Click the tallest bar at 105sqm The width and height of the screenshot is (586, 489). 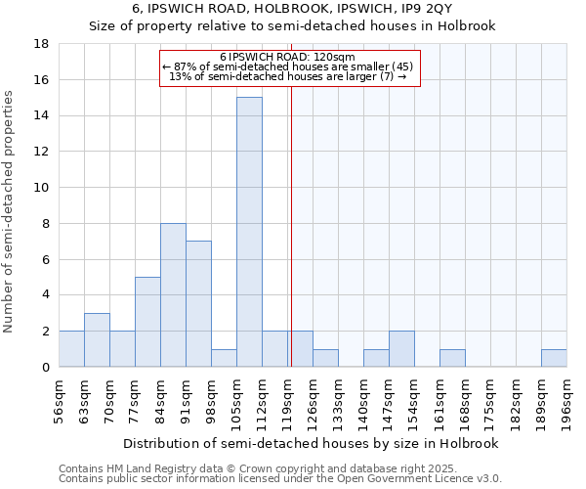(249, 232)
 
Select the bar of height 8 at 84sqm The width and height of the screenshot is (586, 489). (173, 294)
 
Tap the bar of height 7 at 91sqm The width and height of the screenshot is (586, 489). (198, 303)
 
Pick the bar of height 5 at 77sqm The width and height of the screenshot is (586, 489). (147, 322)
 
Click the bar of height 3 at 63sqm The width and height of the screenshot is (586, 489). (97, 339)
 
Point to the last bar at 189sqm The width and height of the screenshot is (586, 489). (554, 358)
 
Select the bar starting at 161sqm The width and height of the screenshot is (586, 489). (452, 358)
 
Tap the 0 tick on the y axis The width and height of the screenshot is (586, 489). (45, 367)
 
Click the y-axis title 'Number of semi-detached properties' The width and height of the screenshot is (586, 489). (10, 211)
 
